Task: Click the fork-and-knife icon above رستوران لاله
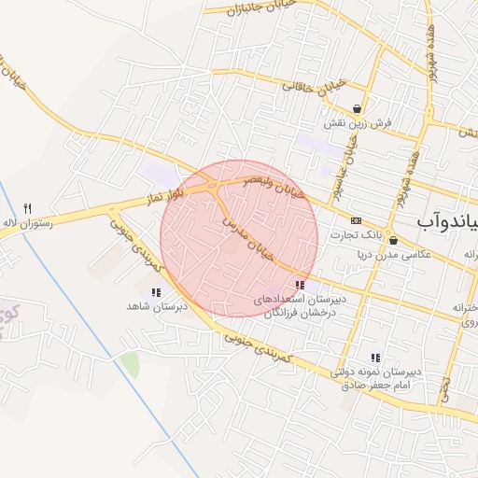28,208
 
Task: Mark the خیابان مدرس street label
250,237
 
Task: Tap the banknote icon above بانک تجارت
356,219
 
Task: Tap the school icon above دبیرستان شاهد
156,293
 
